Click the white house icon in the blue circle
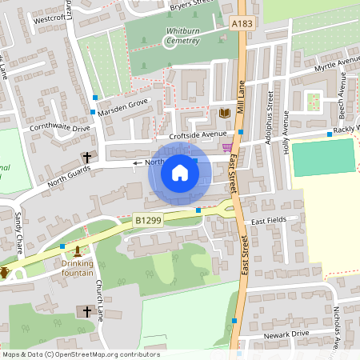tap(180, 172)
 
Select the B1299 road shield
tap(147, 219)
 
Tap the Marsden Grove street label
tap(125, 103)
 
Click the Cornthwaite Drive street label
tap(60, 127)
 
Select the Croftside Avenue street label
tap(193, 135)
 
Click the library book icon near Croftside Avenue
tap(224, 113)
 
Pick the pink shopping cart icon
tap(227, 146)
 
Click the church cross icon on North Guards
tap(86, 158)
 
